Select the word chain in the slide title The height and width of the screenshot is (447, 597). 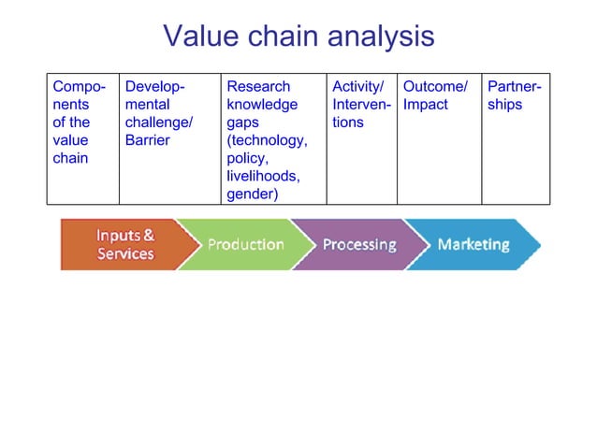pos(284,36)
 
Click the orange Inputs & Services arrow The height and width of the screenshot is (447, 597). pos(120,244)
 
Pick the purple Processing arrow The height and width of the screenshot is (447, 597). pos(357,244)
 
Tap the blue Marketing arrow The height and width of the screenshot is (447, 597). pos(473,244)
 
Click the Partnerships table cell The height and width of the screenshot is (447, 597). pos(515,137)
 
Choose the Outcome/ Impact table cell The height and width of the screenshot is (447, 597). pos(438,137)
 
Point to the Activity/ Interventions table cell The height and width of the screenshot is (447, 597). pos(360,137)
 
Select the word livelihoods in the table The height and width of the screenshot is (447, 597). pos(263,177)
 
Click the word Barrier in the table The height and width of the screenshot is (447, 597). pos(147,140)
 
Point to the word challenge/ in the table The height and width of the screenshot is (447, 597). pos(159,123)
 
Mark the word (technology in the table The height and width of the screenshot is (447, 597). pos(266,140)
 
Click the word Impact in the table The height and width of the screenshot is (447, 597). pos(425,105)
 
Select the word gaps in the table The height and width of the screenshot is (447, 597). pos(242,123)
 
